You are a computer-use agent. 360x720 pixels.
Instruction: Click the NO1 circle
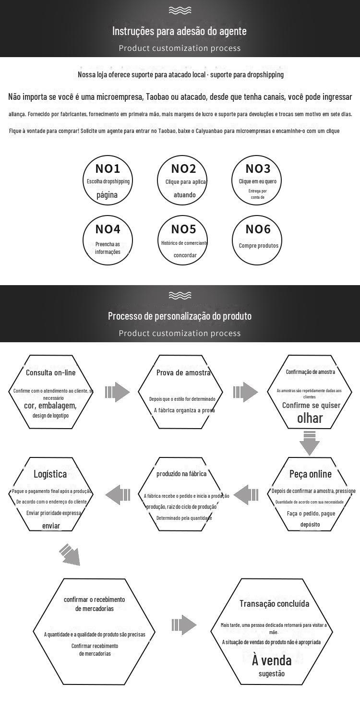click(108, 181)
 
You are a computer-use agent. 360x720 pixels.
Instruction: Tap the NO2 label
click(184, 169)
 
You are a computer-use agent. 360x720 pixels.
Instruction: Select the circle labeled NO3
click(258, 181)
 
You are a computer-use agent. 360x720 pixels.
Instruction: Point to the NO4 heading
click(108, 229)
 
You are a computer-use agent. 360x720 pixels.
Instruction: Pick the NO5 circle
click(184, 240)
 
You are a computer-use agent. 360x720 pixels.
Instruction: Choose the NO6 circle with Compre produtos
click(258, 240)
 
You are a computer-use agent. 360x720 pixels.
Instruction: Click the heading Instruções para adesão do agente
click(180, 31)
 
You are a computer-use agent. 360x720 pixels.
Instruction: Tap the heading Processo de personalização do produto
click(180, 316)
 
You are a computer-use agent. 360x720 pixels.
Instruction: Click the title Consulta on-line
click(50, 372)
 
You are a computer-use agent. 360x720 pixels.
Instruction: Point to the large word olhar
click(310, 418)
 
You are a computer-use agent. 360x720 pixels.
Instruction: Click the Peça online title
click(310, 474)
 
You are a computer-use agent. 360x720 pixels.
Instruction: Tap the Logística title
click(50, 474)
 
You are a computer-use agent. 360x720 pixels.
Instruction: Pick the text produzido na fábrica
click(181, 474)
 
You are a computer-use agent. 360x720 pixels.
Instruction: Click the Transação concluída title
click(275, 604)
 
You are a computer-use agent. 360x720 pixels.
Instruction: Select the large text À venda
click(272, 660)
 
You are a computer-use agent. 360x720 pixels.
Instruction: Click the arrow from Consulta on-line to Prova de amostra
click(117, 392)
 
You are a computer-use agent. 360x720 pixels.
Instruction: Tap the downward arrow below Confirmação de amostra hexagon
click(310, 443)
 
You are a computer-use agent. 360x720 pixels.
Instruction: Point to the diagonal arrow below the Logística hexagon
click(70, 554)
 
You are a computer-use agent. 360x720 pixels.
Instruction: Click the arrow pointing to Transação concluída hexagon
click(184, 624)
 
